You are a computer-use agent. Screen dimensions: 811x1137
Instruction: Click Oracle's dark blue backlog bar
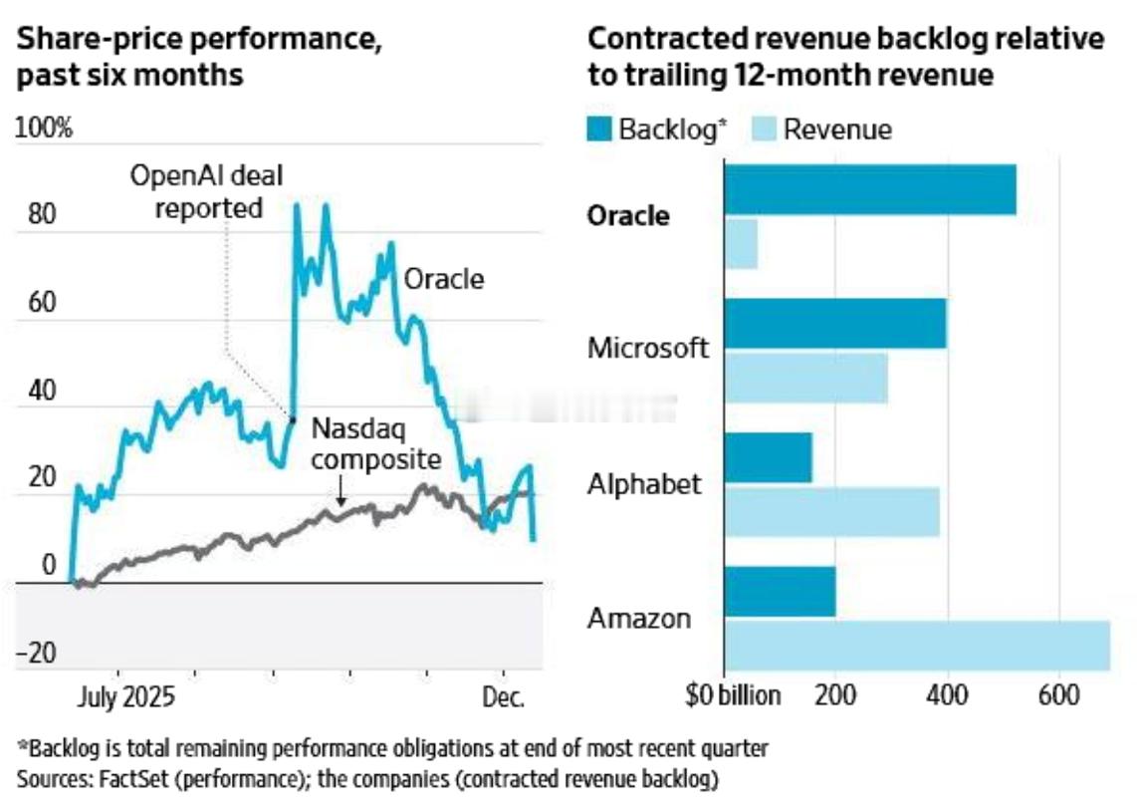[x=869, y=189]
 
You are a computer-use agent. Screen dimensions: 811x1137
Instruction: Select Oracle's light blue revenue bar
[x=741, y=244]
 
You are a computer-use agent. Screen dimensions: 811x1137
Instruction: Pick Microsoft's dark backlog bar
[x=834, y=324]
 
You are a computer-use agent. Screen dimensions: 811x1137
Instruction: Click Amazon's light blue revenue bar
[x=916, y=645]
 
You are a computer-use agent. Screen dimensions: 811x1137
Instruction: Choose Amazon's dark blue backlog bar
[x=780, y=592]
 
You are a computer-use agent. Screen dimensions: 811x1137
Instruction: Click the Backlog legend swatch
[x=599, y=130]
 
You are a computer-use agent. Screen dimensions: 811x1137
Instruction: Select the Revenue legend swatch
[x=764, y=130]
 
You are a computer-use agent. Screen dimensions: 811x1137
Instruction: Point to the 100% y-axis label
[x=44, y=130]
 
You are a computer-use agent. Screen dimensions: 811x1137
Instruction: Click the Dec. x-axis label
[x=503, y=697]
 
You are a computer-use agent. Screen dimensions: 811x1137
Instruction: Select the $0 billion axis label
[x=733, y=694]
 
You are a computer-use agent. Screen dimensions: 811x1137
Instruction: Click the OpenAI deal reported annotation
[x=207, y=192]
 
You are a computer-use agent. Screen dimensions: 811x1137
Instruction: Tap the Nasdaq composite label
[x=375, y=444]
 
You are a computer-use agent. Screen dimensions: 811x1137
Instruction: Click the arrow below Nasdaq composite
[x=341, y=491]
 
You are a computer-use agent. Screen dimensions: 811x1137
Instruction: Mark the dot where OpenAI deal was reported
[x=293, y=419]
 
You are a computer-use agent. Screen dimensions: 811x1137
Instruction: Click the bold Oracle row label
[x=628, y=216]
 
